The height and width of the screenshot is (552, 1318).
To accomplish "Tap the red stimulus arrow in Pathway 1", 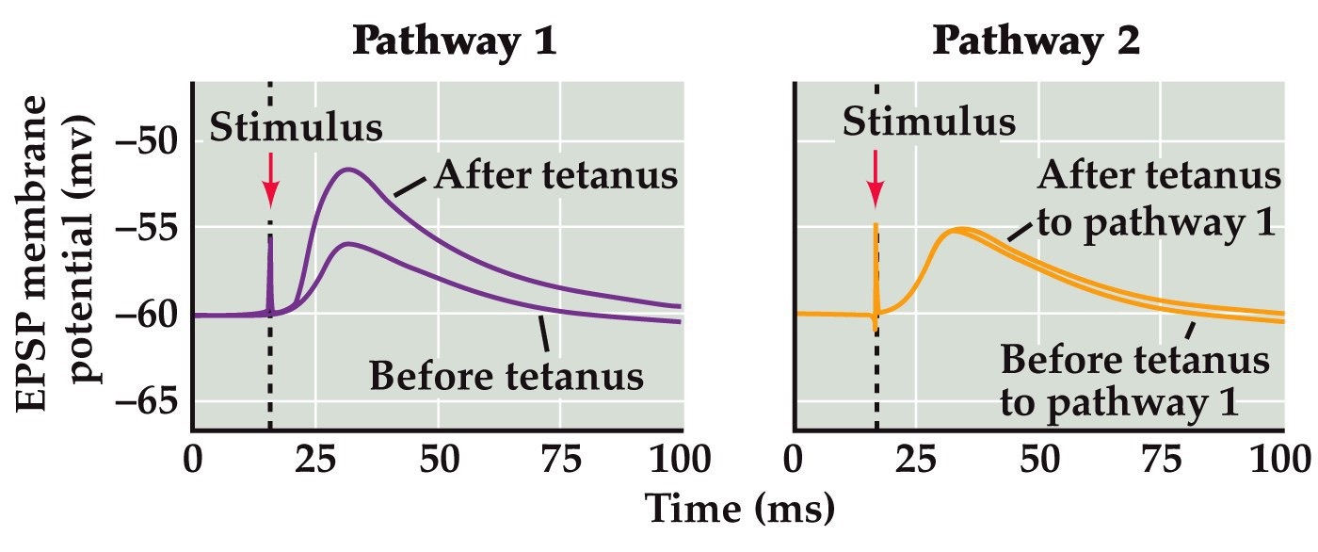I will click(x=270, y=178).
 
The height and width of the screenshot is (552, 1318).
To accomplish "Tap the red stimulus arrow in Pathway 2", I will click(x=876, y=178).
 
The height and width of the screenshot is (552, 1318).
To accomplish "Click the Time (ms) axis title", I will click(x=739, y=512).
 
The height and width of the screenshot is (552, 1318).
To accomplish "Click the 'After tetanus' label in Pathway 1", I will click(x=556, y=176).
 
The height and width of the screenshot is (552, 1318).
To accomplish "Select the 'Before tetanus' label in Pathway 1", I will click(x=506, y=376).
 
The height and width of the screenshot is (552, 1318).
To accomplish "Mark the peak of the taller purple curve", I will click(x=348, y=170).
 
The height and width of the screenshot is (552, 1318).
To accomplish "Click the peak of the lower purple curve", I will click(x=348, y=244).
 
